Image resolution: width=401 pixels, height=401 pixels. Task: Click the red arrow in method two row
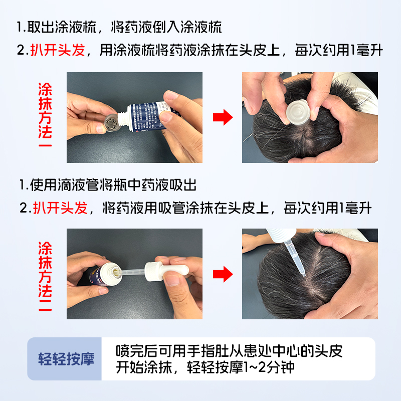223,274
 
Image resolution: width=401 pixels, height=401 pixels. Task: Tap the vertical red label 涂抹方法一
45,117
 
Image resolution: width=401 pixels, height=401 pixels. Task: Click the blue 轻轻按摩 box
66,359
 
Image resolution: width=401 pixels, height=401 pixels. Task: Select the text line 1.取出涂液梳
55,27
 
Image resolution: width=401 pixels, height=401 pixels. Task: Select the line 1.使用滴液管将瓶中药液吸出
108,184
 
